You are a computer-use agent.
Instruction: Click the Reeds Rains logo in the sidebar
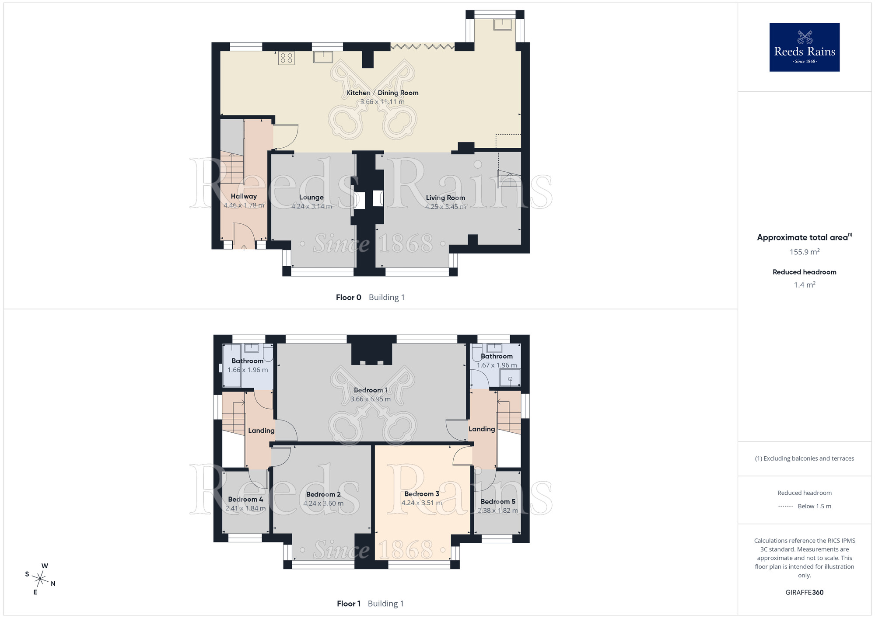805,47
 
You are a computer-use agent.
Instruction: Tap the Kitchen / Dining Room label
382,93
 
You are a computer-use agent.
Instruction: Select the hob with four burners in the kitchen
287,58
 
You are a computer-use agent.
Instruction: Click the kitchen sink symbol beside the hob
323,57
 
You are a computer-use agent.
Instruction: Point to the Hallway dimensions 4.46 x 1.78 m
244,205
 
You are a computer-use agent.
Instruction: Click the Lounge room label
311,198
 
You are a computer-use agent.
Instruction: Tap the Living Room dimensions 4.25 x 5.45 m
445,207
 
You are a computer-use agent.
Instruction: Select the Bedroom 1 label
371,390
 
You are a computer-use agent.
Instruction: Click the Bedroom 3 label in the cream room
422,494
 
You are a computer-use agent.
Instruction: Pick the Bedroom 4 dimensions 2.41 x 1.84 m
245,508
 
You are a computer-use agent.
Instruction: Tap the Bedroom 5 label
498,502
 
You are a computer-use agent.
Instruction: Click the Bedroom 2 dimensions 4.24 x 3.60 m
323,503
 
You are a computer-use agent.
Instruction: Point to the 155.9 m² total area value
805,252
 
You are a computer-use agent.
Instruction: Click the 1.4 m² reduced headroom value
805,285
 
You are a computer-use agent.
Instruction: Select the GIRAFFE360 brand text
805,593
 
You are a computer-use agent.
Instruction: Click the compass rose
40,580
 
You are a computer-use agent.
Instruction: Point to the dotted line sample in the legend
785,507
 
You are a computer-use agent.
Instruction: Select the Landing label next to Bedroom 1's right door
482,429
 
